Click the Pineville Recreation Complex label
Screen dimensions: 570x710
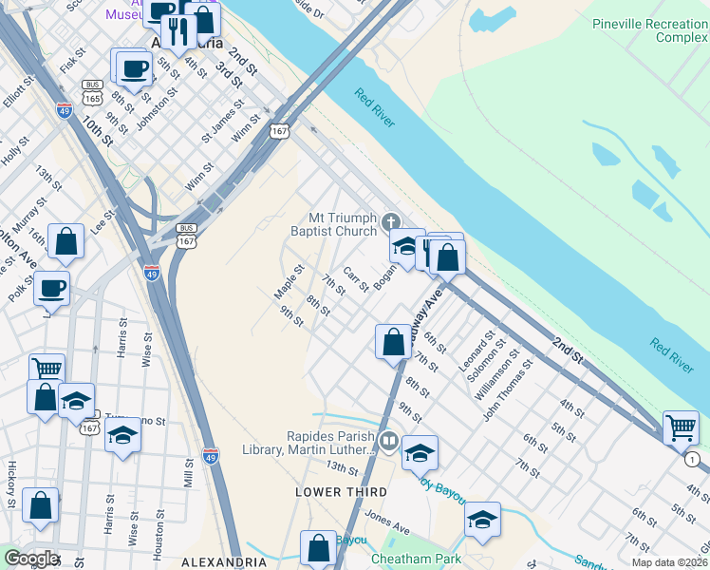[650, 30]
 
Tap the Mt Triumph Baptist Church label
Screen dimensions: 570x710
[333, 223]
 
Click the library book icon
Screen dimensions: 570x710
[388, 442]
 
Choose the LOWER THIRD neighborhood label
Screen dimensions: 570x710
[341, 491]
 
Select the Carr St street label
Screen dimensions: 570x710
[356, 279]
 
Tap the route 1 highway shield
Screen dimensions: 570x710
[691, 460]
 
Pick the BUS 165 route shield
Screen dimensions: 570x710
[92, 91]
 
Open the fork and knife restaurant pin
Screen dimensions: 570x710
[178, 30]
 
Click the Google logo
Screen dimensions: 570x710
[31, 558]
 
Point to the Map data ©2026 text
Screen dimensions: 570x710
[669, 562]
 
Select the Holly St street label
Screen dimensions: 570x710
[18, 151]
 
